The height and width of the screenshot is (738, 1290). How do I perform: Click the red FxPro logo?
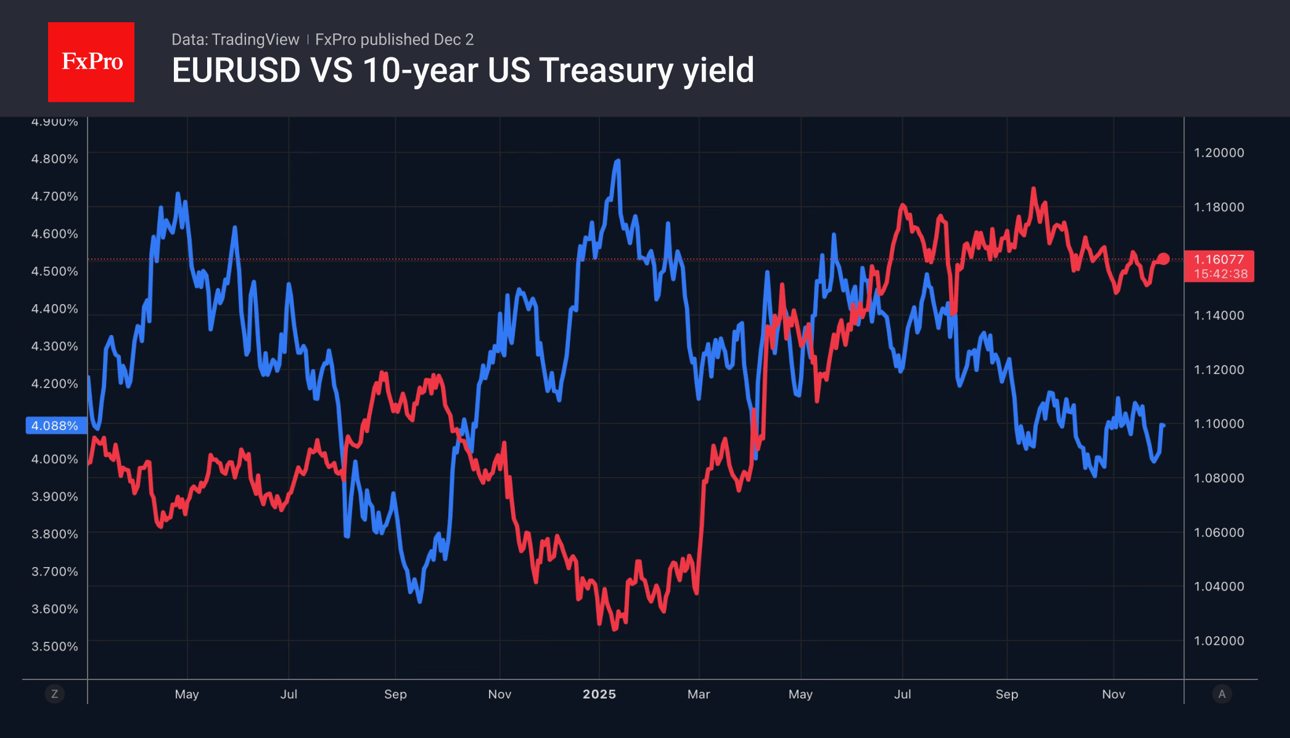(91, 62)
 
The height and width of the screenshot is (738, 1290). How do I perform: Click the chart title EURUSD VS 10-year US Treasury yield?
(462, 70)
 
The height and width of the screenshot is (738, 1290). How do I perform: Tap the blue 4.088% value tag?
(55, 426)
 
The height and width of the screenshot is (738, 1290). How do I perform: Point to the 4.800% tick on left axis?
(55, 159)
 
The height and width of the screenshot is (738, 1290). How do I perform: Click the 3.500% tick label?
(55, 646)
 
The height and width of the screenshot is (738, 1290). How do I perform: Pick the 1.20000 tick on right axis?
(1219, 152)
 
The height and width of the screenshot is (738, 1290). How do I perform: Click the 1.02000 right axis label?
(1219, 641)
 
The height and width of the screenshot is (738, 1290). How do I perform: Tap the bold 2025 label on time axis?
(599, 694)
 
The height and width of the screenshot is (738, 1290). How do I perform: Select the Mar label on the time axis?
(699, 694)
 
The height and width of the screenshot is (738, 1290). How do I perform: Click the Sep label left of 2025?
(395, 694)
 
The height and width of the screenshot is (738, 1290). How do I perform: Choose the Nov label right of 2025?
(1114, 694)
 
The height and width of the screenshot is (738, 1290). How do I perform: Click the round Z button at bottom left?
(55, 694)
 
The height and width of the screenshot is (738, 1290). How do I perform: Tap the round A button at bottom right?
(1222, 694)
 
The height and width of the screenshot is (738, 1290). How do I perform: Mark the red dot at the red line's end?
(1164, 259)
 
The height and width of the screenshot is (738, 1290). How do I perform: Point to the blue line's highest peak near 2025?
(617, 162)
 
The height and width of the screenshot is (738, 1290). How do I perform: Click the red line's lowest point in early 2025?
(614, 628)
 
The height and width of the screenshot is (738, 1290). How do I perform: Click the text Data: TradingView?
(235, 39)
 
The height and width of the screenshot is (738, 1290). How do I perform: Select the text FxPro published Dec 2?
(394, 39)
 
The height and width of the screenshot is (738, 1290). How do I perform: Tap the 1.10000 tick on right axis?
(1219, 423)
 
